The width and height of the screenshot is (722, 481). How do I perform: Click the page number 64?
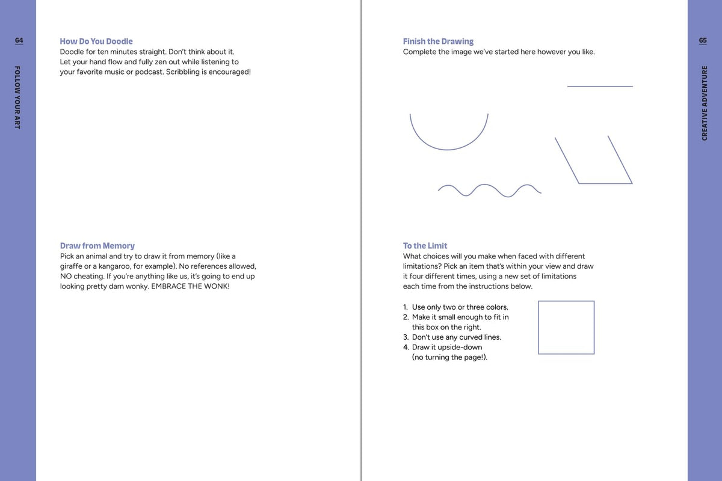click(19, 40)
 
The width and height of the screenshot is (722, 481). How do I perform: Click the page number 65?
click(703, 40)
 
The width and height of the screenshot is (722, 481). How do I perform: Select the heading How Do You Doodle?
click(96, 41)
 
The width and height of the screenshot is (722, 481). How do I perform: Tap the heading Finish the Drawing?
click(438, 41)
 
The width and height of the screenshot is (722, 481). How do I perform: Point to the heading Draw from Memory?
click(97, 246)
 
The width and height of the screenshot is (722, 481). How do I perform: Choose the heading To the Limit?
click(425, 246)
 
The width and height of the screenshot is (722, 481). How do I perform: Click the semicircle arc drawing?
click(448, 146)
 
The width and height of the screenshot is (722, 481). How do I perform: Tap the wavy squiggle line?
click(489, 190)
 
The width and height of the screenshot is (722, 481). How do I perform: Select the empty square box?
click(566, 328)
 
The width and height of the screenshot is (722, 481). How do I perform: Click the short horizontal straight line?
click(600, 87)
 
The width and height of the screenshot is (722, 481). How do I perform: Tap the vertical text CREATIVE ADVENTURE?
click(705, 103)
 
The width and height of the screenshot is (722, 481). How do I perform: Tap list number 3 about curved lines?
click(406, 337)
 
